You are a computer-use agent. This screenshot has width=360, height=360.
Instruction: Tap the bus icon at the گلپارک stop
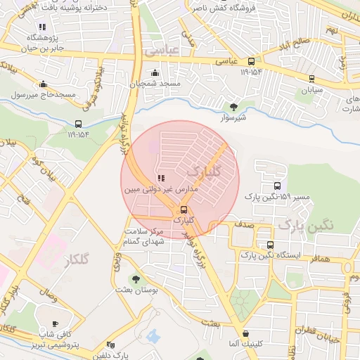(184, 210)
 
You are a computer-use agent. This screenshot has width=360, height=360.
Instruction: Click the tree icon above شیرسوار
(233, 108)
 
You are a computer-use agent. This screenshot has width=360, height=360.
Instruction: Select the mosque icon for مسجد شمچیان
(155, 72)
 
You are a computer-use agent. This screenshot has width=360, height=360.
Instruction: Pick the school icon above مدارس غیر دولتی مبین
(161, 179)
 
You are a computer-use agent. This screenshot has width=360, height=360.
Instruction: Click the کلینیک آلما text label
(245, 344)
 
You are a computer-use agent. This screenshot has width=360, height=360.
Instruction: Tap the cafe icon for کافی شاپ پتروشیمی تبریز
(56, 323)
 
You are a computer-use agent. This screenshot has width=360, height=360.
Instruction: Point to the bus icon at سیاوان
(311, 79)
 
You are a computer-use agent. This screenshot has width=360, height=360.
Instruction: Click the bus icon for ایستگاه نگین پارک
(270, 245)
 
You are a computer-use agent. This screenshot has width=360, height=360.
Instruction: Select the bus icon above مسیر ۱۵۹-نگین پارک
(278, 186)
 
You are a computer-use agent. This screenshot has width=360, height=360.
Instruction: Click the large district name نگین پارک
(302, 224)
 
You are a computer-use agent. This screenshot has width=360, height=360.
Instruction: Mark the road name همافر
(318, 259)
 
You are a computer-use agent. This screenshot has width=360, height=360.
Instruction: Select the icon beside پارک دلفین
(110, 345)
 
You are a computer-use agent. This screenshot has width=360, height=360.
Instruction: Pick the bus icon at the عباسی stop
(251, 60)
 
